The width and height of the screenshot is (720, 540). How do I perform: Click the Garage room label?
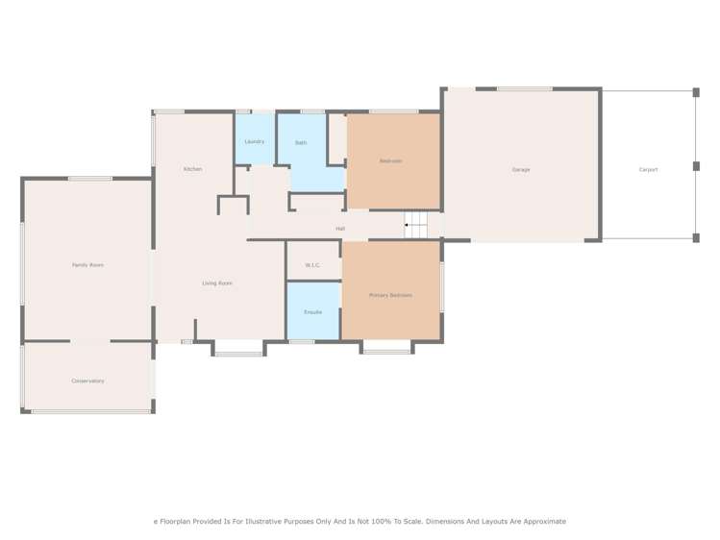click(x=521, y=170)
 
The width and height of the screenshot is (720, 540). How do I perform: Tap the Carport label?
click(x=649, y=170)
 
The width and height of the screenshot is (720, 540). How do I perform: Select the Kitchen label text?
click(x=193, y=169)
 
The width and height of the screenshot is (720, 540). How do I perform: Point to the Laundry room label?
click(x=255, y=142)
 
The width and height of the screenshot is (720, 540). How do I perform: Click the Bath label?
click(x=301, y=143)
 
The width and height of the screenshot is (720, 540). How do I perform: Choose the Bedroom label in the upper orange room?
click(x=390, y=161)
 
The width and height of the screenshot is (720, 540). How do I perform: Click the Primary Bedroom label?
click(x=390, y=295)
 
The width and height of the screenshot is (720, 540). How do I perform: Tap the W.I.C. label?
click(x=312, y=265)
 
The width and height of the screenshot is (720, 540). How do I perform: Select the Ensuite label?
click(x=312, y=312)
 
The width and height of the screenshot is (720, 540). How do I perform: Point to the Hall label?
click(x=340, y=229)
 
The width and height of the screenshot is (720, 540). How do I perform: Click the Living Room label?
click(x=217, y=283)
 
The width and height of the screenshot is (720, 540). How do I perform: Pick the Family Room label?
click(x=87, y=265)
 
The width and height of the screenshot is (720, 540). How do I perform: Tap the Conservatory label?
click(x=87, y=381)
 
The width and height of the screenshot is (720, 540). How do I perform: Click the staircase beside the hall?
click(x=415, y=225)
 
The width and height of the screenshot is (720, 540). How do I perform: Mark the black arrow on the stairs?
click(x=408, y=225)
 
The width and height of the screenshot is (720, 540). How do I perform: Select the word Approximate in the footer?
click(x=542, y=522)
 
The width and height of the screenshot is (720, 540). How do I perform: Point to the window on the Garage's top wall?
click(x=525, y=89)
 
